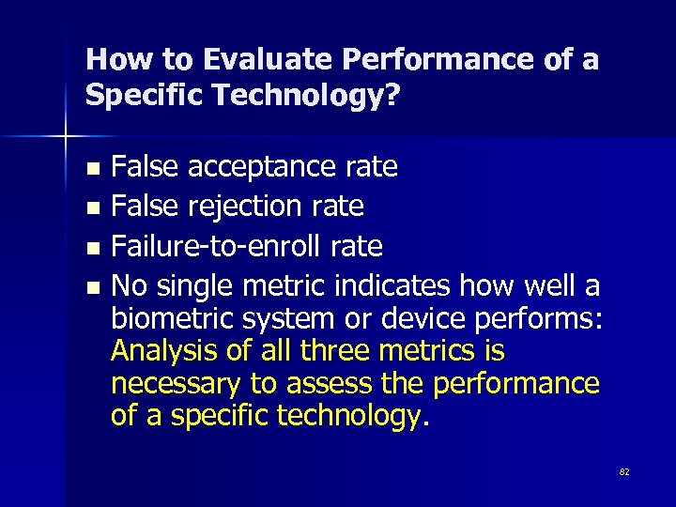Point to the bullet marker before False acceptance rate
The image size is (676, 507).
point(91,170)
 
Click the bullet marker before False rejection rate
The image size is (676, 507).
point(91,207)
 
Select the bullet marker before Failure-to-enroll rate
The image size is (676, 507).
point(91,248)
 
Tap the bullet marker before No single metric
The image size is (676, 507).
point(91,285)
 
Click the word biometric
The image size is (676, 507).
point(173,319)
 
